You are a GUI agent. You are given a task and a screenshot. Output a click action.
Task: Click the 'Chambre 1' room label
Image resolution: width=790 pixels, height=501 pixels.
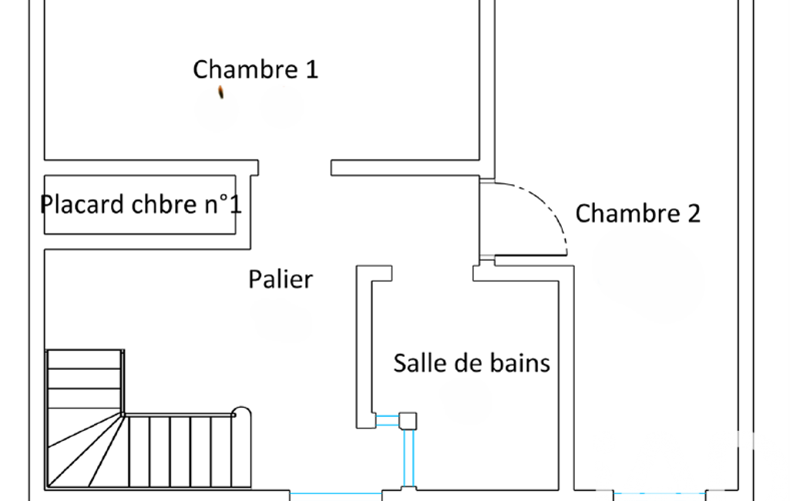coord(255,69)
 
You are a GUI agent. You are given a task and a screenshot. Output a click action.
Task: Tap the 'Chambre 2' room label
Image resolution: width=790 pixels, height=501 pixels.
coord(638,214)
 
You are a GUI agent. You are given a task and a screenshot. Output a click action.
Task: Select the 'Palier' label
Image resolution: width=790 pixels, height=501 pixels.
coord(281,279)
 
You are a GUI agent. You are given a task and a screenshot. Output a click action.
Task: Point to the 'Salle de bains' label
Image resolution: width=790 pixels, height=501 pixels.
coord(472,362)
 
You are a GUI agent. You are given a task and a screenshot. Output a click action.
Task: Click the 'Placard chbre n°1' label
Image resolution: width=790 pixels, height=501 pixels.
coord(141,205)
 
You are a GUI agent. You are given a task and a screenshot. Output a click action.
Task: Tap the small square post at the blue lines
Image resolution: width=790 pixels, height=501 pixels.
coord(407,420)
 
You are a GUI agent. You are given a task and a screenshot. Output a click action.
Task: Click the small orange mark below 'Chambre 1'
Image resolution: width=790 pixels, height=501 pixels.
coord(222,92)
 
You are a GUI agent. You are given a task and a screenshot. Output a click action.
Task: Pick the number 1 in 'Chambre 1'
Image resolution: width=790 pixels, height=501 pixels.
coord(311,69)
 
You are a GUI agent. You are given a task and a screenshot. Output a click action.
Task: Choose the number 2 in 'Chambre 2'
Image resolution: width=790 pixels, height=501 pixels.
coord(693,214)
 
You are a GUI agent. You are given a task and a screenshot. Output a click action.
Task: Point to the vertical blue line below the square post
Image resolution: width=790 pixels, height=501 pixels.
coord(408,458)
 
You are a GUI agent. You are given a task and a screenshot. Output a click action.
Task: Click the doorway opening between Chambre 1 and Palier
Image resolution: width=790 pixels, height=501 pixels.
coord(294,167)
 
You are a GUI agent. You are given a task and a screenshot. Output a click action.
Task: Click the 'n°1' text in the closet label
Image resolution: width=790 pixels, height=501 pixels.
coord(223,205)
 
